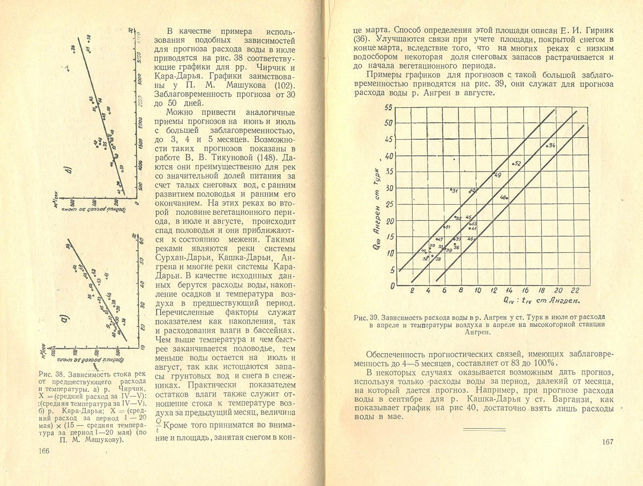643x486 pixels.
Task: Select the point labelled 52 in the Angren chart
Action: pyautogui.click(x=513, y=163)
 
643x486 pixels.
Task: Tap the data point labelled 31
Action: pyautogui.click(x=451, y=189)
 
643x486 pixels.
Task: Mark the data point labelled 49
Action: pyautogui.click(x=493, y=173)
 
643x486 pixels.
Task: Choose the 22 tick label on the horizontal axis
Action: pyautogui.click(x=574, y=290)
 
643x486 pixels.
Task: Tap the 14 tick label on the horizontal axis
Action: pyautogui.click(x=509, y=290)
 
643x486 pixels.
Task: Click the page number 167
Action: pyautogui.click(x=607, y=442)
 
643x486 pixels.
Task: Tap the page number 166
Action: pyautogui.click(x=44, y=451)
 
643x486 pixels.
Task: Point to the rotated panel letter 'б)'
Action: pyautogui.click(x=68, y=174)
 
